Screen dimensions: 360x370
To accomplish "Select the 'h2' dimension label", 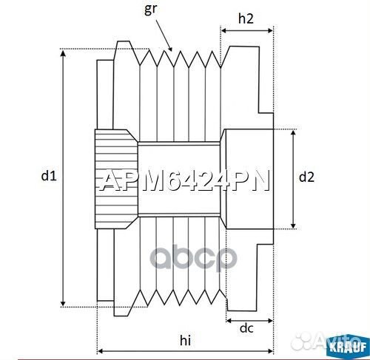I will coord(247,19).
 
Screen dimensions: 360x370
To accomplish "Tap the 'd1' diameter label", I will coord(48,176).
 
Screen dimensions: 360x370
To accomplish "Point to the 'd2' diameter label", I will coord(307,177).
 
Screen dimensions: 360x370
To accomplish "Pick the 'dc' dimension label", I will coord(248,328).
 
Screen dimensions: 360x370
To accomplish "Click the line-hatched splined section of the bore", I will coord(115,178).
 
